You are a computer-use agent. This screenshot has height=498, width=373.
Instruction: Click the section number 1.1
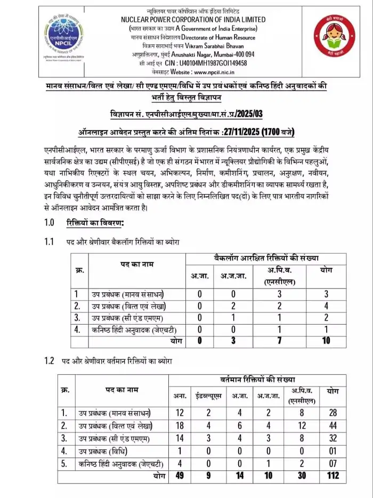pyautogui.click(x=50, y=242)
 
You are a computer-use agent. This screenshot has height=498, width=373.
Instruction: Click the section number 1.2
pyautogui.click(x=50, y=361)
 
